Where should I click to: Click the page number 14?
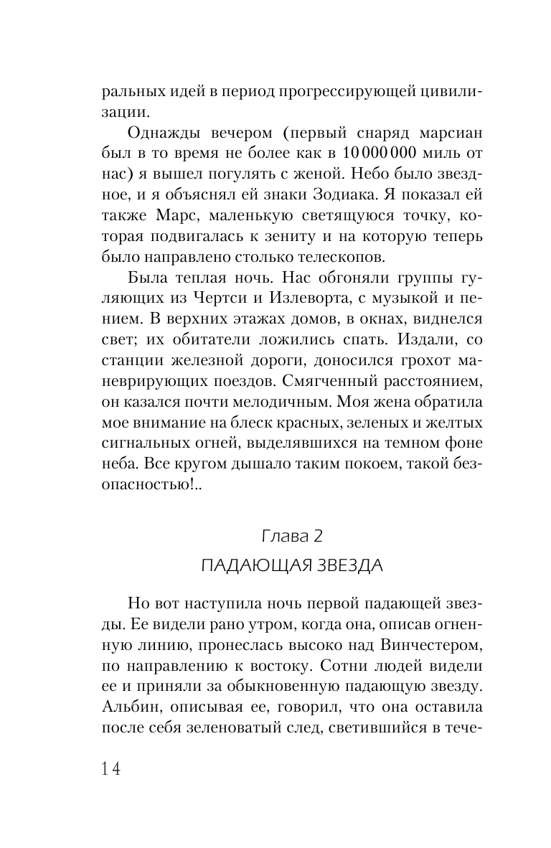(110, 768)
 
